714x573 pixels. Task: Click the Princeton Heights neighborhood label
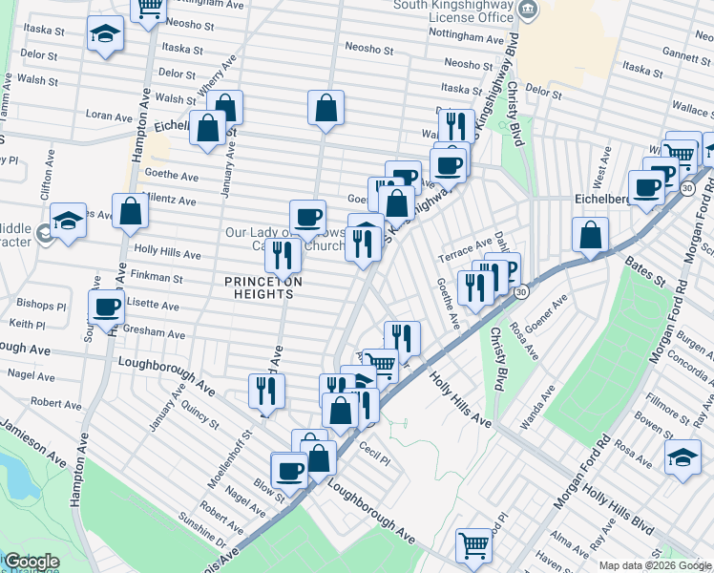[263, 287]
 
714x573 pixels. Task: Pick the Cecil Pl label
[375, 451]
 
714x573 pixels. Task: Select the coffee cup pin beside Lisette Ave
[106, 307]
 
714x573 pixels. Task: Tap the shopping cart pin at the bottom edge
[473, 546]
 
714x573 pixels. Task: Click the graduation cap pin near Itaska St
[104, 34]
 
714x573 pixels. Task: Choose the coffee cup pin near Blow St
[289, 470]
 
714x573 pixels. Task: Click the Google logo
[31, 562]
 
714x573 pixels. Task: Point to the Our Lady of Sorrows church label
[286, 239]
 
